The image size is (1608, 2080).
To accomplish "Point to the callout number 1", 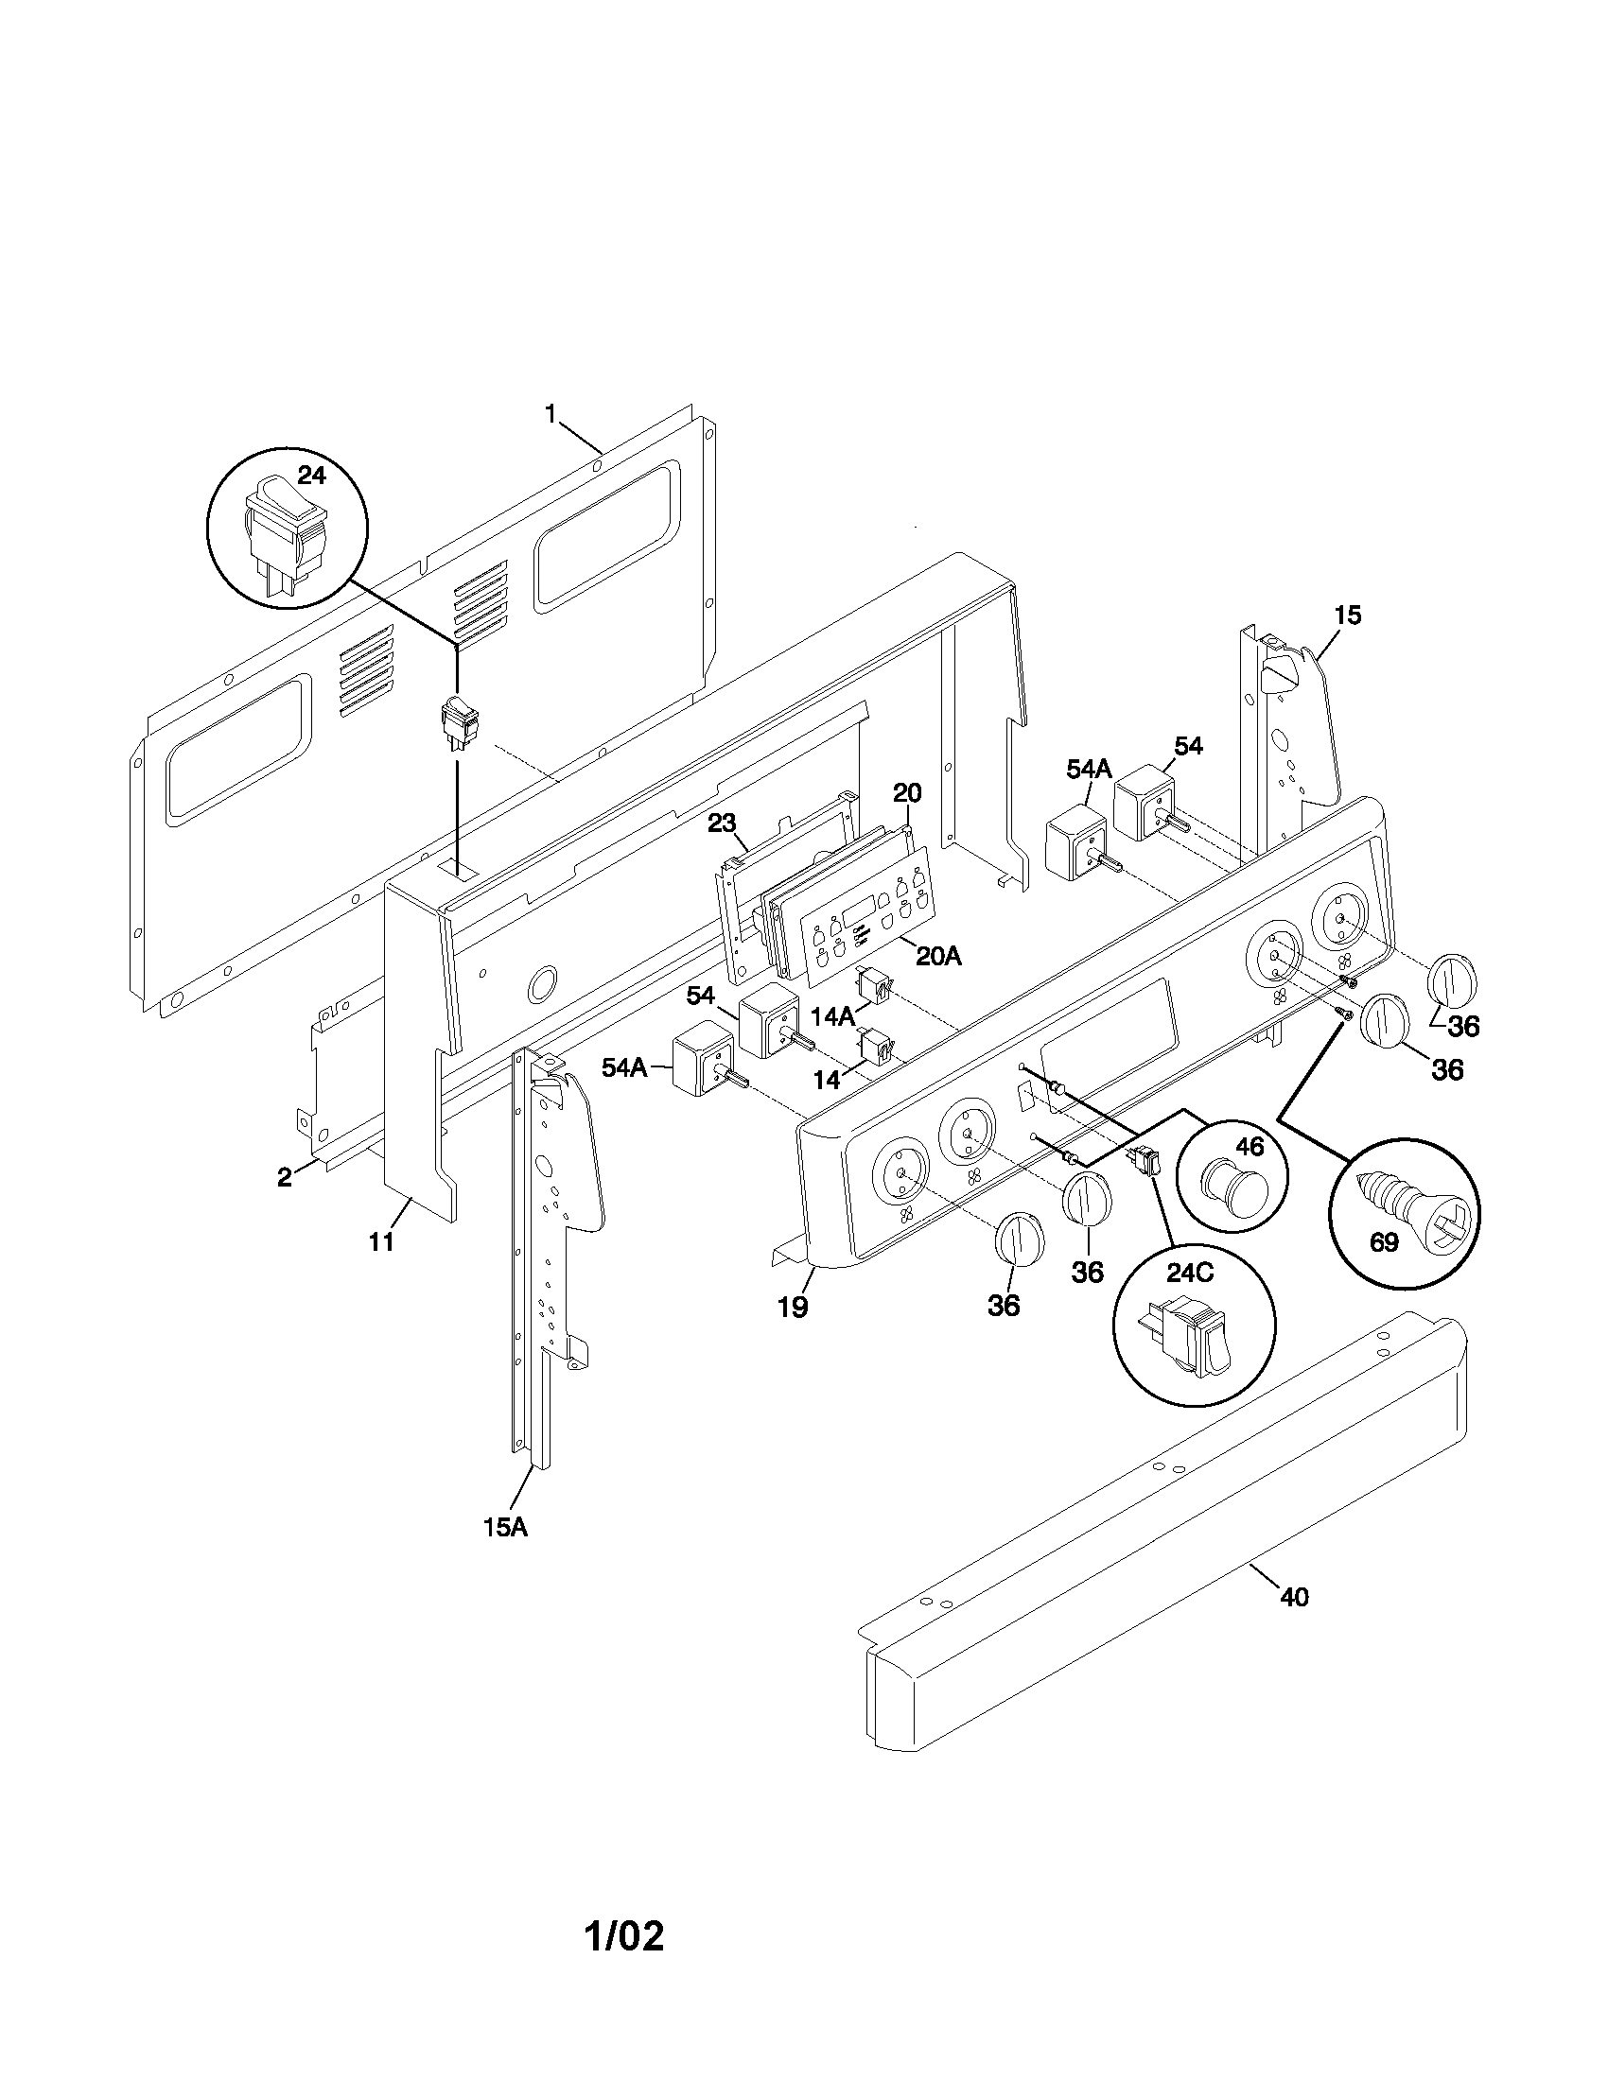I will pos(551,413).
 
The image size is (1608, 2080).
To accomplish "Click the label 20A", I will pos(938,956).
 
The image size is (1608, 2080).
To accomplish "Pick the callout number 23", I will pos(722,823).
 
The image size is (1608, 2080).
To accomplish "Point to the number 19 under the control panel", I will pos(793,1308).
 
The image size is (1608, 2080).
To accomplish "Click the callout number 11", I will pos(381,1242).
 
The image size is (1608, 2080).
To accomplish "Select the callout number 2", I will pos(284,1177).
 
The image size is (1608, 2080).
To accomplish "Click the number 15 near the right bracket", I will pos(1347,615).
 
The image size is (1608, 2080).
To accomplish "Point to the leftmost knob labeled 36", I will pos(1020,1239).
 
